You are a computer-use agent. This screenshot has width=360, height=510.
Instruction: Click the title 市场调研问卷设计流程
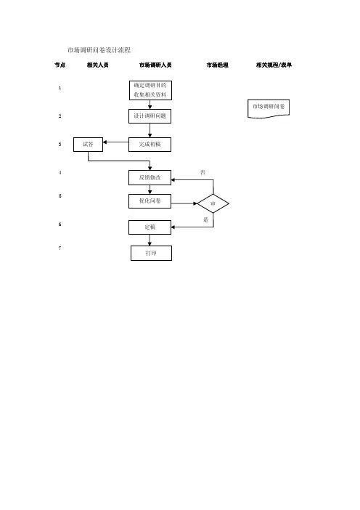tap(99, 50)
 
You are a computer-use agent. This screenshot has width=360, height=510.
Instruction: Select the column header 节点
tap(60, 65)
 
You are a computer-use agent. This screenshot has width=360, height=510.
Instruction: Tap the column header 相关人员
tap(97, 65)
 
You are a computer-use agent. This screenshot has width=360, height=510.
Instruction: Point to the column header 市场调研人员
tap(155, 65)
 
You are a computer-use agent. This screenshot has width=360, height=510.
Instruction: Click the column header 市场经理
tap(217, 65)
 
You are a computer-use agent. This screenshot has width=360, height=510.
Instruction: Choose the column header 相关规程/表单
tap(274, 65)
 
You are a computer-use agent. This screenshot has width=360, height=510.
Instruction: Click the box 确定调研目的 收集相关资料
tap(150, 90)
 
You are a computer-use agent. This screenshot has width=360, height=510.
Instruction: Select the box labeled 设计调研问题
tap(150, 116)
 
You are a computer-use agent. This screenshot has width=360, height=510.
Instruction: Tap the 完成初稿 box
tap(150, 145)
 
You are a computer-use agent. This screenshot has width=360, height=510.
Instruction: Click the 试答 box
tap(88, 145)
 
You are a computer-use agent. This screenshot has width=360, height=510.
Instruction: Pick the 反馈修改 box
tap(150, 177)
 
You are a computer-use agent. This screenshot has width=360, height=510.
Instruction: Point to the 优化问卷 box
tap(150, 201)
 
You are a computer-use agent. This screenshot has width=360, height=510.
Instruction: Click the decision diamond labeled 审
tap(213, 203)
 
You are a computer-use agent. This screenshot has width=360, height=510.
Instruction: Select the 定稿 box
tap(150, 227)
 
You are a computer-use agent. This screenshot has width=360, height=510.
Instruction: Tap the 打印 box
tap(151, 253)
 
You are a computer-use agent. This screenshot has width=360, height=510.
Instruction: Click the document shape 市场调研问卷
tap(269, 109)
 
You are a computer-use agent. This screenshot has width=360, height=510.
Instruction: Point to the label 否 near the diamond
tap(202, 172)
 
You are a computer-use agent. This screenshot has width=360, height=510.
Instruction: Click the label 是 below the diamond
tap(205, 220)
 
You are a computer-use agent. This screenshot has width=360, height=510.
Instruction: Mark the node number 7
tap(60, 248)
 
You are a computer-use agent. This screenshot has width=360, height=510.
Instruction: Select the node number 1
tap(60, 88)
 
